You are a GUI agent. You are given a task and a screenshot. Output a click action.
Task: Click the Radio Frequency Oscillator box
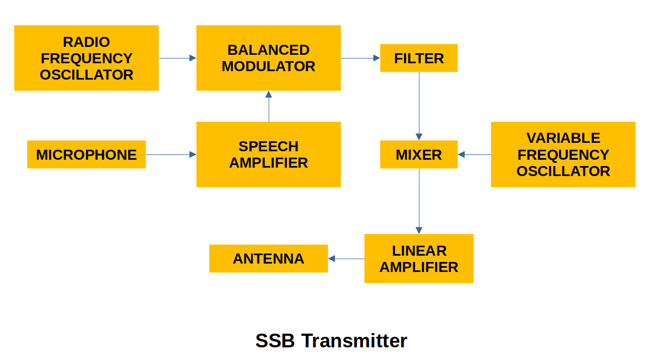pyautogui.click(x=86, y=58)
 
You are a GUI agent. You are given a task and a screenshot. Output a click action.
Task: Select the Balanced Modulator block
pyautogui.click(x=268, y=58)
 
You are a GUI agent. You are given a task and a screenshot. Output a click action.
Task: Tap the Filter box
pyautogui.click(x=419, y=58)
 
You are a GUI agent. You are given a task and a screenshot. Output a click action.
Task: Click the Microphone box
pyautogui.click(x=86, y=154)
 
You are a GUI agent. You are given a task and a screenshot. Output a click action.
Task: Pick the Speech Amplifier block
pyautogui.click(x=268, y=154)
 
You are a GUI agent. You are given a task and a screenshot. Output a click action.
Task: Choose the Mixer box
pyautogui.click(x=419, y=154)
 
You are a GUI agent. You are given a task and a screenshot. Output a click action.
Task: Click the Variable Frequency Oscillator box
pyautogui.click(x=563, y=154)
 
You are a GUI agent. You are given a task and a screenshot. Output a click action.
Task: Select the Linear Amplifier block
pyautogui.click(x=419, y=258)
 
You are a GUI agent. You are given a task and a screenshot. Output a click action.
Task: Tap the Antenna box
pyautogui.click(x=268, y=258)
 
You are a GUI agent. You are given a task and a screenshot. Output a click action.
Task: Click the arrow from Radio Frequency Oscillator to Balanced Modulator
pyautogui.click(x=177, y=58)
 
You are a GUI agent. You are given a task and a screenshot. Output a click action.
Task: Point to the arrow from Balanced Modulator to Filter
pyautogui.click(x=360, y=58)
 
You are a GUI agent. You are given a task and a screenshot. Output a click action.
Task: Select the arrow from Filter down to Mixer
pyautogui.click(x=419, y=105)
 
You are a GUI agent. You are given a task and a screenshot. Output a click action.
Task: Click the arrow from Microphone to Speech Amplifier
pyautogui.click(x=171, y=154)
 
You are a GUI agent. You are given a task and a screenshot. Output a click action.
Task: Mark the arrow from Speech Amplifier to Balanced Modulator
pyautogui.click(x=269, y=106)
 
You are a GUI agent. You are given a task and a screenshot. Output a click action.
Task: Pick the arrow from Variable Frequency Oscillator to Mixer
pyautogui.click(x=475, y=154)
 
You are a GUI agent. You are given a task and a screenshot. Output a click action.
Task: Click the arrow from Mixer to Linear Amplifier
pyautogui.click(x=419, y=201)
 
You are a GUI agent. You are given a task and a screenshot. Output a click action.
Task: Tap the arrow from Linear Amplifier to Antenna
pyautogui.click(x=346, y=259)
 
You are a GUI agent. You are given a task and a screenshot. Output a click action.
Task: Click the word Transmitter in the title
pyautogui.click(x=354, y=340)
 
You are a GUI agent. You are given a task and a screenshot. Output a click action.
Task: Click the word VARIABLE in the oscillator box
pyautogui.click(x=563, y=138)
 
